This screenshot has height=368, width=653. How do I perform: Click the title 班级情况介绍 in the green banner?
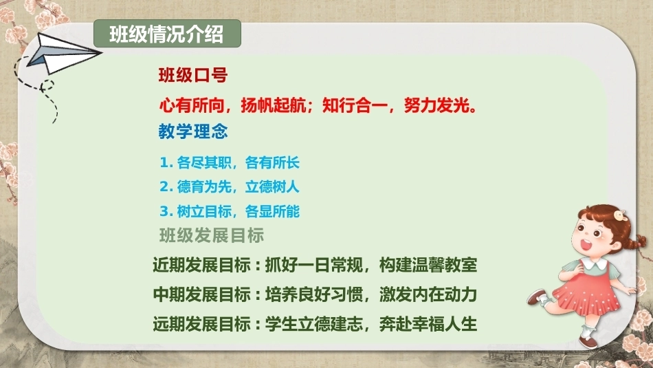click(166, 34)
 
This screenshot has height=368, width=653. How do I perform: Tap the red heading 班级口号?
click(193, 76)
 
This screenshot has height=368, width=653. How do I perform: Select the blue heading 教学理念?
click(193, 131)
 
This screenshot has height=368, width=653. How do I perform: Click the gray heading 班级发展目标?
click(212, 235)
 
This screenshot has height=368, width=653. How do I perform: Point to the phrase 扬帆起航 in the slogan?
click(273, 105)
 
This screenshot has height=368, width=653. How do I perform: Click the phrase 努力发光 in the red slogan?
click(437, 105)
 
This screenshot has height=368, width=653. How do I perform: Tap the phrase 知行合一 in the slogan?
click(355, 105)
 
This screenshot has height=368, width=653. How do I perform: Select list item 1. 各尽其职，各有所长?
click(230, 162)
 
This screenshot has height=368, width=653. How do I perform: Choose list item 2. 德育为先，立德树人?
click(230, 186)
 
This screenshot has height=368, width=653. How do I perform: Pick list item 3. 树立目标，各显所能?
click(230, 211)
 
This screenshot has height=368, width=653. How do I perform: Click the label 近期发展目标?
click(202, 265)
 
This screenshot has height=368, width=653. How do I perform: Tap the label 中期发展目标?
click(202, 294)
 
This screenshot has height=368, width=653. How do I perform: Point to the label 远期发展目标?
click(202, 324)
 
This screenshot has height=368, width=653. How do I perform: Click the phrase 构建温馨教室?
click(428, 265)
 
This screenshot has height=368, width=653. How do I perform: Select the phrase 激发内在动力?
click(428, 294)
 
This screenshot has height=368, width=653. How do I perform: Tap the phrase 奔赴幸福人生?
click(428, 324)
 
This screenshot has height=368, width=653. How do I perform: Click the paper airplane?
click(63, 54)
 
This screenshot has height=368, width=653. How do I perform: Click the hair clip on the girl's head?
click(621, 215)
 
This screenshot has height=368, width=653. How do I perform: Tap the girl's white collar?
click(595, 263)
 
